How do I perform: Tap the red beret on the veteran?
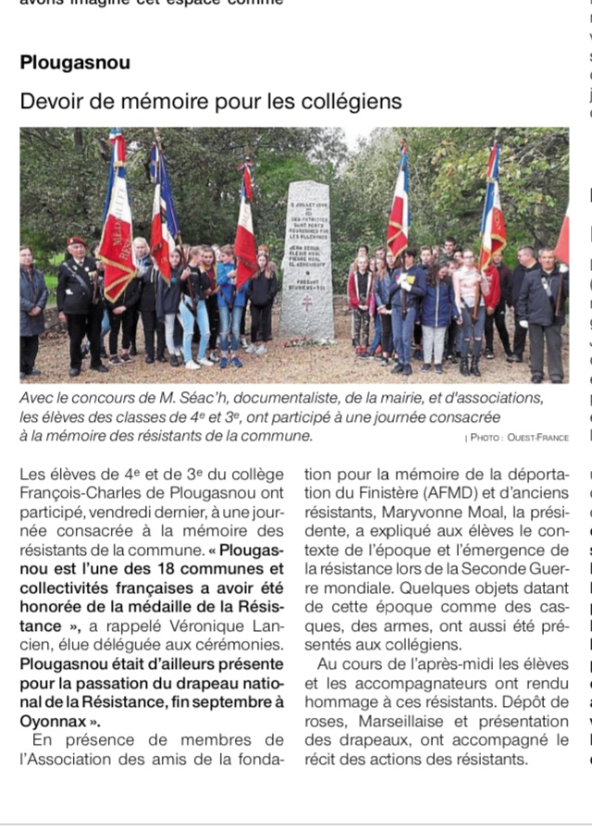coord(77,241)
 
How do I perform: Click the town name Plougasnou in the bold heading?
coord(75,64)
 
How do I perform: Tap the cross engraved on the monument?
coord(306,301)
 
